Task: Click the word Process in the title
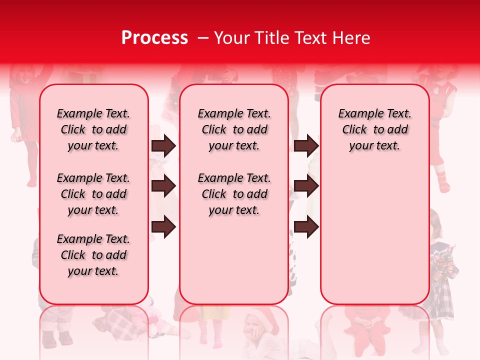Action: (154, 38)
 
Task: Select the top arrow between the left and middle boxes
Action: (163, 146)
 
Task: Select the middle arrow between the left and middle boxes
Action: (163, 186)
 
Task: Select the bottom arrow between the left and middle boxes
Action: (163, 227)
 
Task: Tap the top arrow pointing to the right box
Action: (306, 146)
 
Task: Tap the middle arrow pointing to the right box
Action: (306, 186)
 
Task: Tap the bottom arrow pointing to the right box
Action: (306, 227)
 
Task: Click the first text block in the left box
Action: (93, 129)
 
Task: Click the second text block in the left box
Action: (93, 194)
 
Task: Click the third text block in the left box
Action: (93, 255)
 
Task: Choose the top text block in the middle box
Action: (234, 129)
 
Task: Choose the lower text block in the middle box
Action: (234, 194)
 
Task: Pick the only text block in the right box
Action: (374, 129)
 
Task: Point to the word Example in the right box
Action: (356, 114)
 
